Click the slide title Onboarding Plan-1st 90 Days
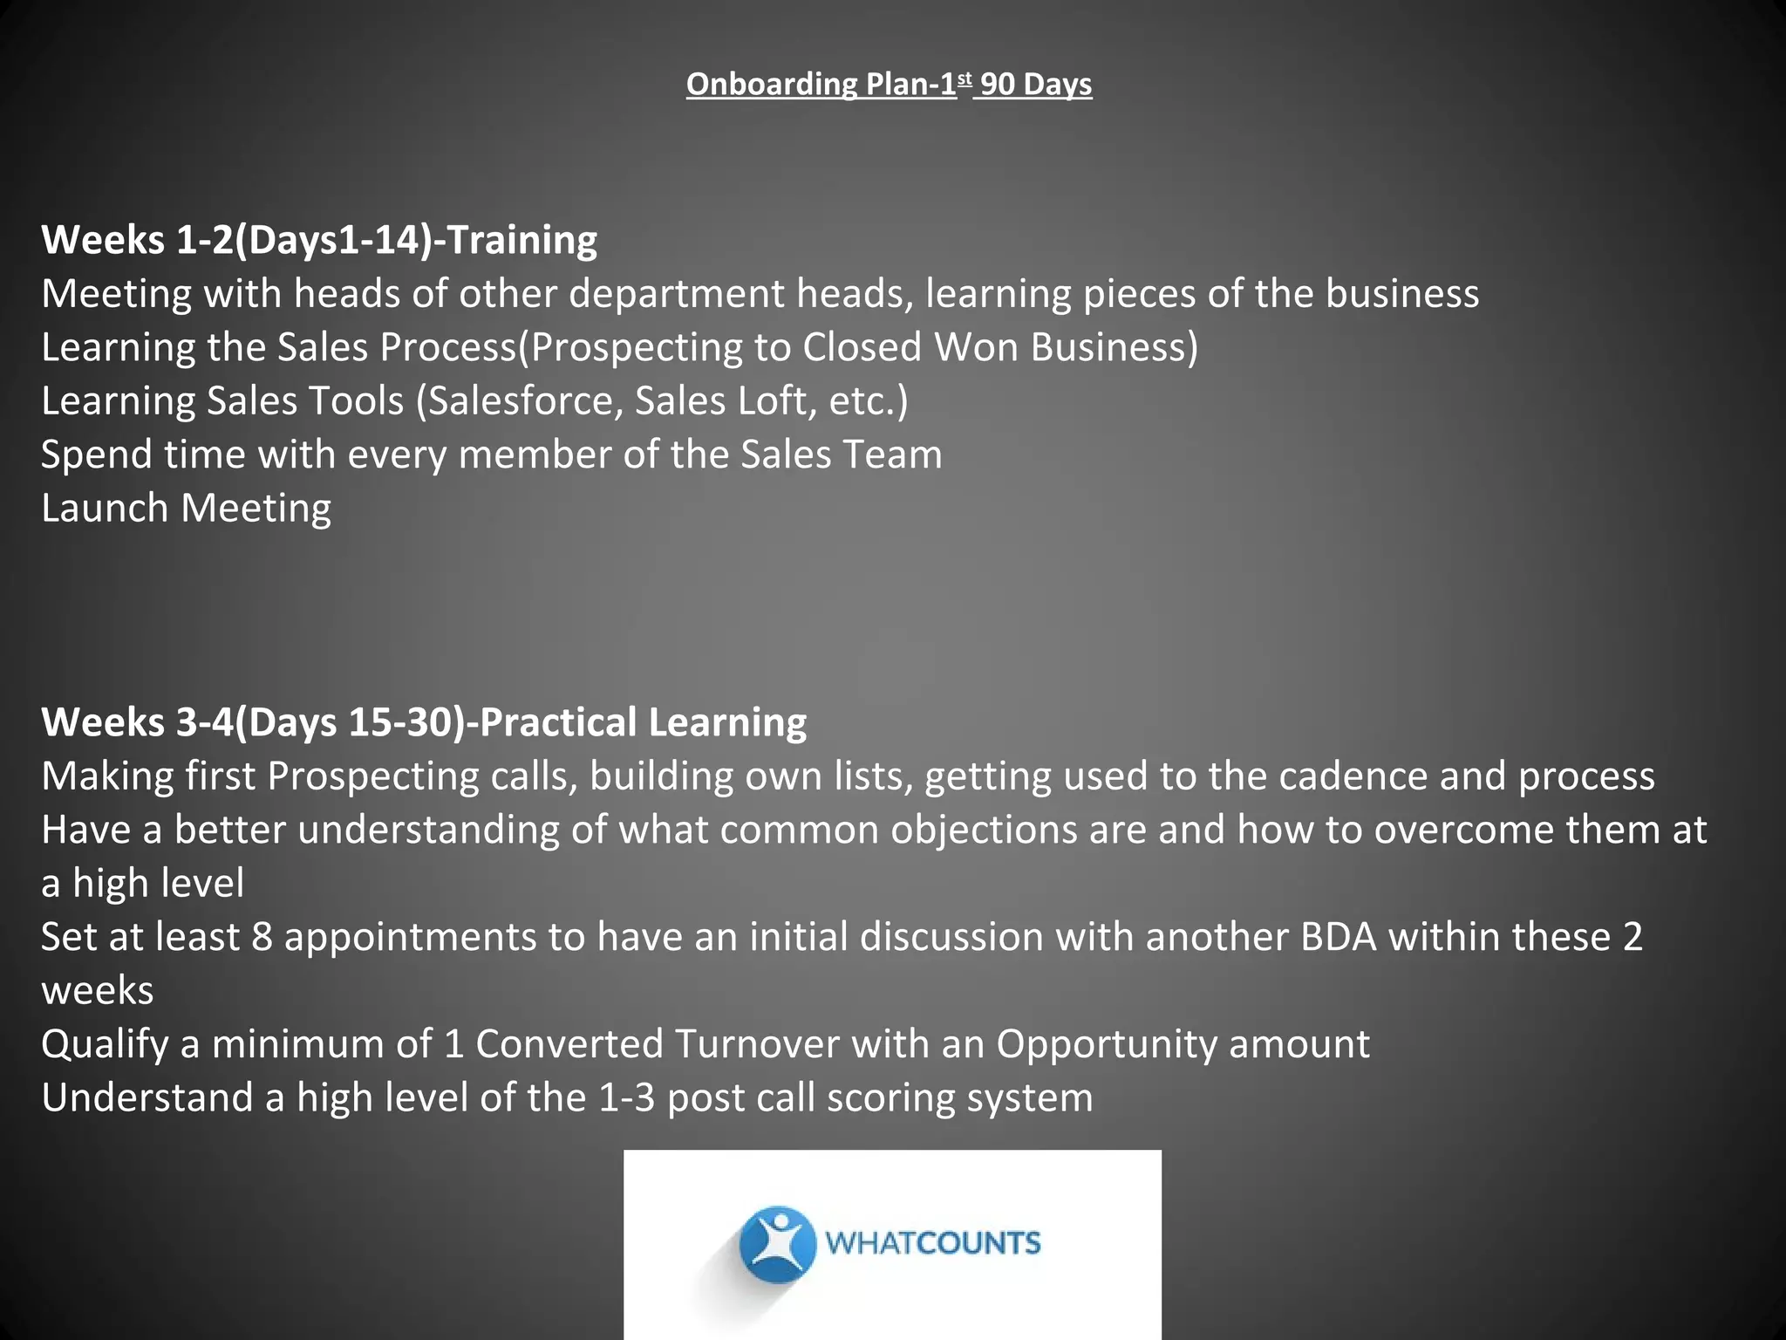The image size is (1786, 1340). pos(889,85)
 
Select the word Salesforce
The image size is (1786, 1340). pos(524,401)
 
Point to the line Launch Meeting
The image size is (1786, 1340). pos(186,509)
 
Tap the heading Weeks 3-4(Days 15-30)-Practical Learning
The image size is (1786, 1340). pos(424,722)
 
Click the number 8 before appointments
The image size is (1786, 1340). pos(262,937)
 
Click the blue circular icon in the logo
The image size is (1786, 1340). pos(776,1245)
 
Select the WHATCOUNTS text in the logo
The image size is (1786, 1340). pos(932,1243)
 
